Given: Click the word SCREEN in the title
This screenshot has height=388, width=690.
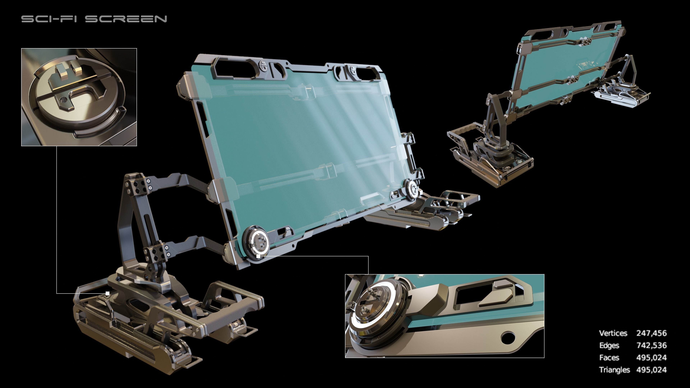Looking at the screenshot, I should pyautogui.click(x=126, y=19).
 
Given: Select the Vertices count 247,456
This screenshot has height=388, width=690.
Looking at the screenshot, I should pyautogui.click(x=651, y=333).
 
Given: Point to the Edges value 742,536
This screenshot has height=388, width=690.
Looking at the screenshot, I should pyautogui.click(x=651, y=345).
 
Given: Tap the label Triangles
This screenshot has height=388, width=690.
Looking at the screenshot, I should pyautogui.click(x=614, y=370).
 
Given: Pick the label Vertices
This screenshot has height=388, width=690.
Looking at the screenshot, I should pyautogui.click(x=613, y=333).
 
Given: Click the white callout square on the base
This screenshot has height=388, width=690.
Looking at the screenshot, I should pyautogui.click(x=107, y=294).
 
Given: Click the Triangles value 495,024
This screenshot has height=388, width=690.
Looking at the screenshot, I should pyautogui.click(x=651, y=370).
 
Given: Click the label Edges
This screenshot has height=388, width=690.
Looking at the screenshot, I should pyautogui.click(x=609, y=345).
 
